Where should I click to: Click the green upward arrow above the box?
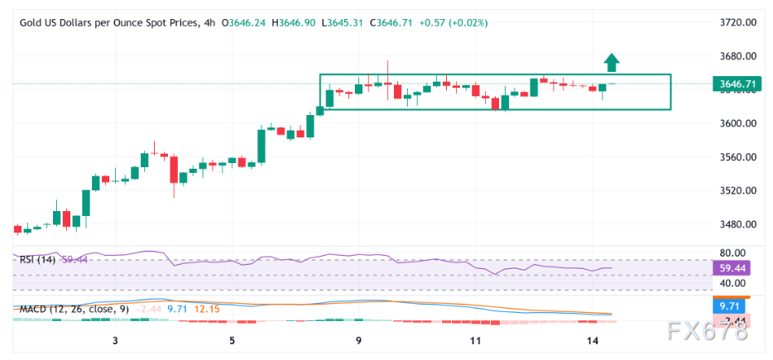click(x=611, y=62)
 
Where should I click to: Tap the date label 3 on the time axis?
click(x=115, y=340)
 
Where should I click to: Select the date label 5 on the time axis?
click(x=233, y=340)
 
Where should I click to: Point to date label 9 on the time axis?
click(x=358, y=340)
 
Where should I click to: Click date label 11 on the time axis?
click(x=475, y=340)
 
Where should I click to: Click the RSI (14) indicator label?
click(x=38, y=259)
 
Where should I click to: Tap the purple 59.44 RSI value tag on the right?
click(x=732, y=268)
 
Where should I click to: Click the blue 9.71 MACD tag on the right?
click(x=729, y=305)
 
